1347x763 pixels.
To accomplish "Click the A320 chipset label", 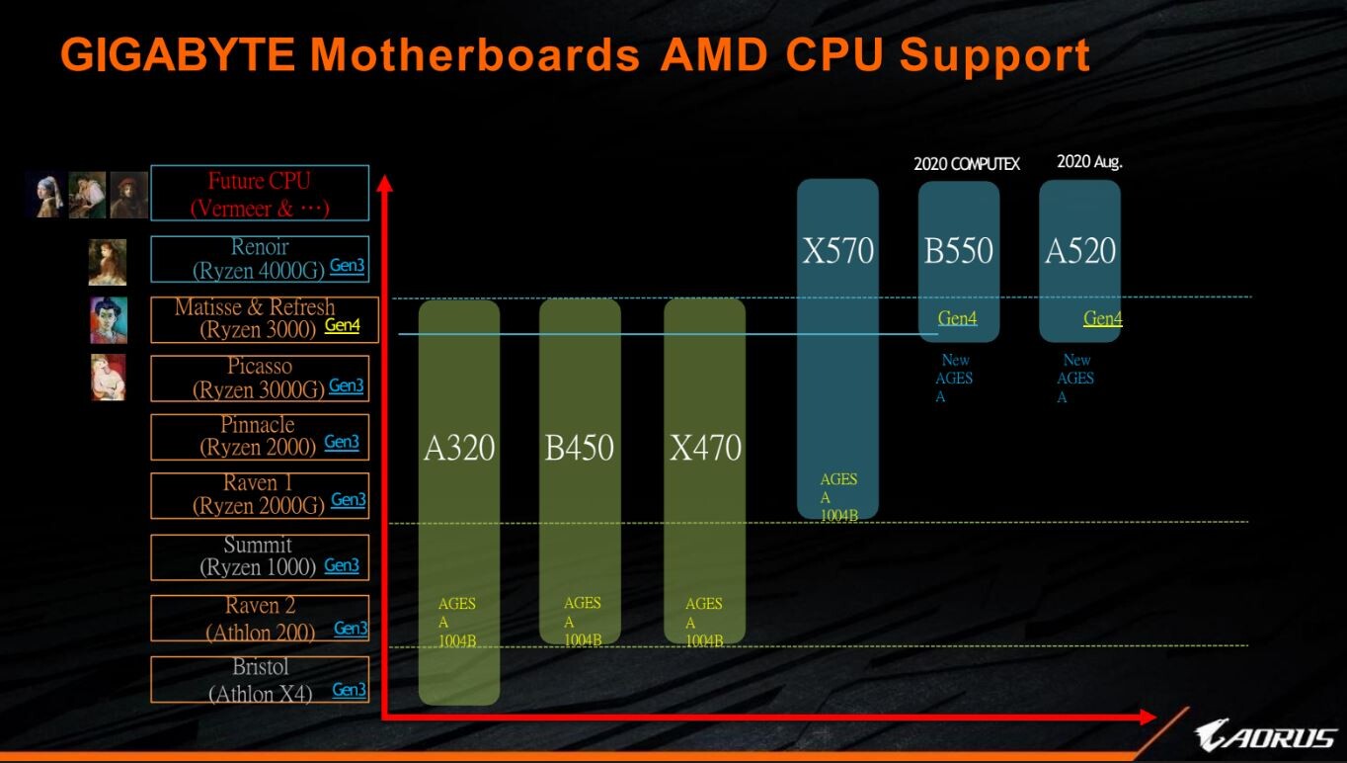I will click(x=459, y=449).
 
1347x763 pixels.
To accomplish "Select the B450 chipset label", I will click(x=580, y=449).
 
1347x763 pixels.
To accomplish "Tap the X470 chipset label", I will click(x=705, y=449).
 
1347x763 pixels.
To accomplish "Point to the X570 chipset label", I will click(x=838, y=251).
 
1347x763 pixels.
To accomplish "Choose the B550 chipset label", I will click(x=959, y=251).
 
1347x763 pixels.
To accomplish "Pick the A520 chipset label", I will click(x=1080, y=251).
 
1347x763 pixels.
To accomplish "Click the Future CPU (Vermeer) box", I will click(x=259, y=194).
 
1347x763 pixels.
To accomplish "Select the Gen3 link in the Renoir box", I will click(x=347, y=265).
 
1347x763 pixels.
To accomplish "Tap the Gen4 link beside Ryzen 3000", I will click(x=342, y=324).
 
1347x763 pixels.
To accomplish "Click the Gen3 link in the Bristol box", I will click(x=349, y=690).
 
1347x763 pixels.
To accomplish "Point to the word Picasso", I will click(x=260, y=367).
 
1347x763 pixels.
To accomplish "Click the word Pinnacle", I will click(x=258, y=425).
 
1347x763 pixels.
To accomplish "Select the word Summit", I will click(x=258, y=545).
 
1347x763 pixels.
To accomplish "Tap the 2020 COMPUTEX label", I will click(x=967, y=163).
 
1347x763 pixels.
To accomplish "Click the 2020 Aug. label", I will click(x=1089, y=162).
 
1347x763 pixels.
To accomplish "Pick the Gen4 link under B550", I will click(x=957, y=318).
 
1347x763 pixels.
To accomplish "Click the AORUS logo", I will click(x=1265, y=735).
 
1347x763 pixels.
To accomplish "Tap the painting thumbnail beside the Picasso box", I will click(x=109, y=378).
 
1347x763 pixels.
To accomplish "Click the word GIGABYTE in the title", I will click(x=178, y=55).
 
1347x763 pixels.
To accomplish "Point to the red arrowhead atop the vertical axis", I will click(x=385, y=184).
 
